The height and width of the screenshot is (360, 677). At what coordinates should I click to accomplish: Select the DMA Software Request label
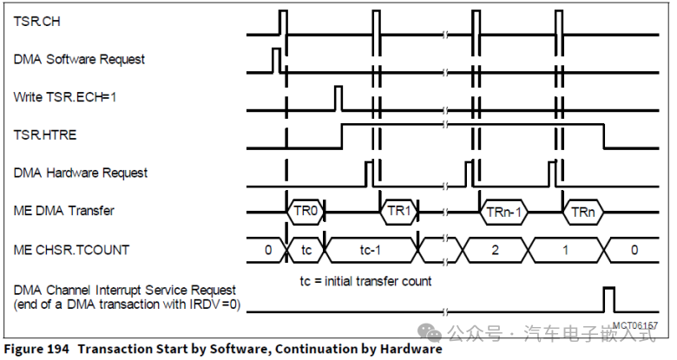(x=79, y=59)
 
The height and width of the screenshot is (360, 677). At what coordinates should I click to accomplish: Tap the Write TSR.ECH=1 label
(x=65, y=97)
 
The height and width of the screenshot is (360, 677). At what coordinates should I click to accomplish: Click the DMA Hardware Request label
(x=81, y=173)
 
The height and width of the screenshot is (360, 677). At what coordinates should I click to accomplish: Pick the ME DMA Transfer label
(x=64, y=210)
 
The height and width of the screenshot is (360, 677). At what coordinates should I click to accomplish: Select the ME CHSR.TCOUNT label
(x=71, y=250)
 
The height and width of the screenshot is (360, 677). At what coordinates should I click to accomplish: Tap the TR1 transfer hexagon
(x=398, y=211)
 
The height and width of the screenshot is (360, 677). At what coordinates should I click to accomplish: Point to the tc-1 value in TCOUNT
(x=371, y=250)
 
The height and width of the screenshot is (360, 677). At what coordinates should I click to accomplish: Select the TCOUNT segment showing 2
(x=493, y=250)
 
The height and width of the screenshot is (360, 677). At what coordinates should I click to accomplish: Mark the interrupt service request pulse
(x=609, y=299)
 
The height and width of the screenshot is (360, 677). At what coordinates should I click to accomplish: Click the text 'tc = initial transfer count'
(x=365, y=281)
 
